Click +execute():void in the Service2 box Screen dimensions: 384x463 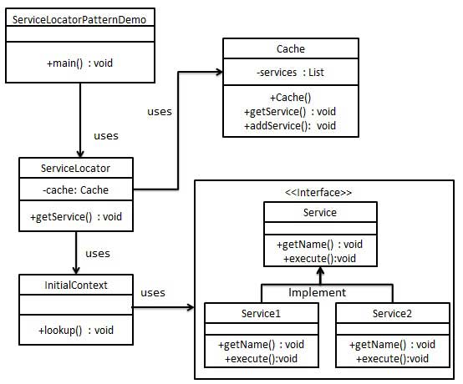[x=391, y=358]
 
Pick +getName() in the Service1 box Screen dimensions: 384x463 [x=261, y=344]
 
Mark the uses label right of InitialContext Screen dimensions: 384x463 [x=153, y=293]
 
